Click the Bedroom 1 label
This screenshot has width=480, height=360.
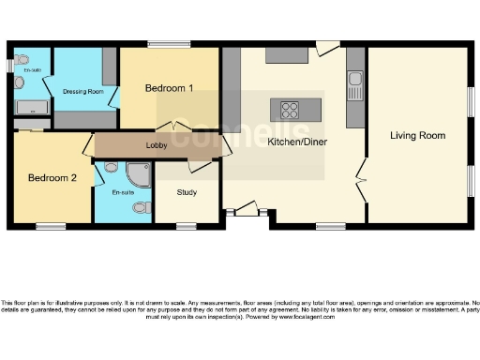[170, 88]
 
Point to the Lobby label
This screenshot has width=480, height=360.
[156, 145]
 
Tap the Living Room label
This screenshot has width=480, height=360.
[417, 135]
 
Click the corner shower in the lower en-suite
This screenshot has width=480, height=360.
[137, 172]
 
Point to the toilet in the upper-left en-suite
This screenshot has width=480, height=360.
[21, 82]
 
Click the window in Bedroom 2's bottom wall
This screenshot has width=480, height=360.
[51, 226]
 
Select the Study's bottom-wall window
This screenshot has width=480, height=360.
[187, 226]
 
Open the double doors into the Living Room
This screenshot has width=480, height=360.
[362, 177]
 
